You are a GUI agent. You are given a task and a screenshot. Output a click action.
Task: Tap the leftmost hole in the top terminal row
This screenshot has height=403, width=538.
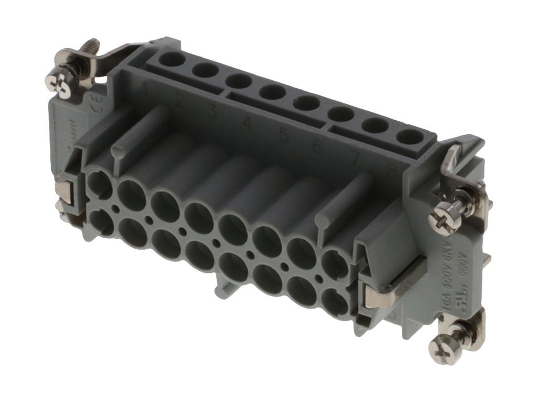[x=171, y=58]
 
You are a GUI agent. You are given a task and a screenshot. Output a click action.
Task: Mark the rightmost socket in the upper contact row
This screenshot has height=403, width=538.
[x=336, y=265]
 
